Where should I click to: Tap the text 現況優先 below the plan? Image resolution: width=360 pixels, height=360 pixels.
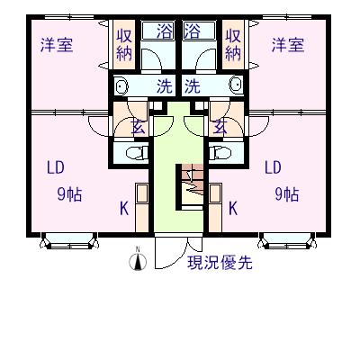220,263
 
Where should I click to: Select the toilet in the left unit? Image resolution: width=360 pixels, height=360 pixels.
138,153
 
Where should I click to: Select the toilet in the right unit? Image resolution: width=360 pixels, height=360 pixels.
220,153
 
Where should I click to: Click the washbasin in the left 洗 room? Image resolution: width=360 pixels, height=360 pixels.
121,85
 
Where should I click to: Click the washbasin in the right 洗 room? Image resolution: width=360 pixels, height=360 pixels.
236,85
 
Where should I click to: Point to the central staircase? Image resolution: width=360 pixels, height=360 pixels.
190,186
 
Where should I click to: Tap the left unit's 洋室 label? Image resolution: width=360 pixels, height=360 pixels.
57,45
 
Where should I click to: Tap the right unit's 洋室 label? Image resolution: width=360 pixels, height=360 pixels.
288,45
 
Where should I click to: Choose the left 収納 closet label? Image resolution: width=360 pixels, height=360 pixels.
124,45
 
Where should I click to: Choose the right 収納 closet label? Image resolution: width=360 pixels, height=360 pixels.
233,45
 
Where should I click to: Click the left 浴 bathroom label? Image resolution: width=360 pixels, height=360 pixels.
165,31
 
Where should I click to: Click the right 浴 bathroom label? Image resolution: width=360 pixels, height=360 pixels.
193,31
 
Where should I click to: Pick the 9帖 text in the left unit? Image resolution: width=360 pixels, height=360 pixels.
69,194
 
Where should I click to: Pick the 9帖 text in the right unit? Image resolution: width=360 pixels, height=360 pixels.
287,194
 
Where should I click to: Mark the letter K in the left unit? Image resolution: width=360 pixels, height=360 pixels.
124,209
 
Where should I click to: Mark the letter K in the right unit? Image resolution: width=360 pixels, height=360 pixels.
233,209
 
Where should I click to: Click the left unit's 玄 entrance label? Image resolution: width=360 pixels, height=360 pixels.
139,129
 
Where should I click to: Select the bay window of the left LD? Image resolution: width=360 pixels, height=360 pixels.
69,240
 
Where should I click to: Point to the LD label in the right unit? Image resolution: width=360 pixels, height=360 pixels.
273,167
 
